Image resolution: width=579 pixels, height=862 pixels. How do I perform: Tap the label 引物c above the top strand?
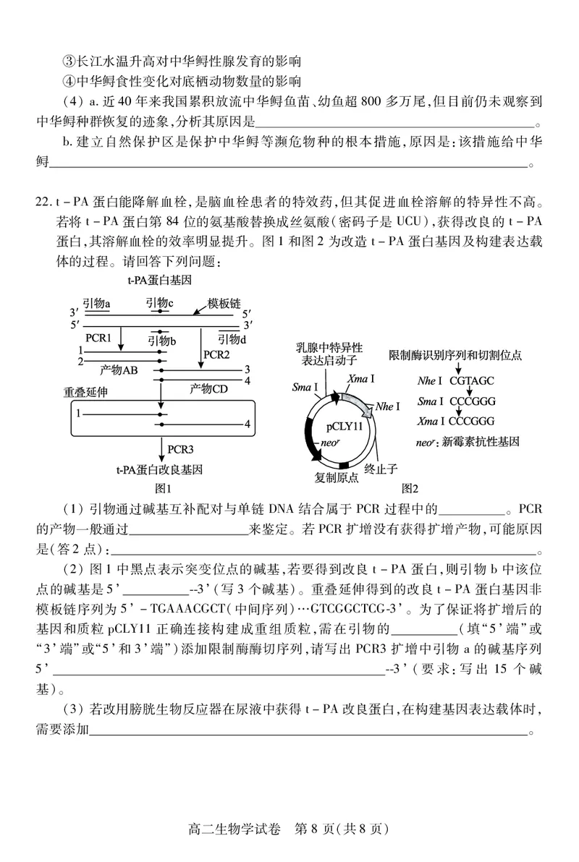(159, 302)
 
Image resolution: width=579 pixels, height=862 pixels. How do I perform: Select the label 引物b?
(163, 340)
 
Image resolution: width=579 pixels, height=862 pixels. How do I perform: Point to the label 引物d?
(232, 338)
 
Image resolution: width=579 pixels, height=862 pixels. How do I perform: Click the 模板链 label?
(224, 303)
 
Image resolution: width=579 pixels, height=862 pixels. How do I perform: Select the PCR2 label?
(216, 354)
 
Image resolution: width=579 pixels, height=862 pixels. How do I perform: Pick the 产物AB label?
(119, 370)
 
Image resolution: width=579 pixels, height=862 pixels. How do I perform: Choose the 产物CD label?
(208, 388)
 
